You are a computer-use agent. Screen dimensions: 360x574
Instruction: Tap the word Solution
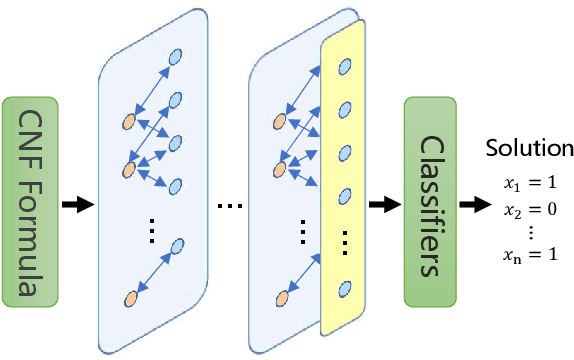(x=529, y=149)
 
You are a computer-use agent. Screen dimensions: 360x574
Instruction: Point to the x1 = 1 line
(x=529, y=184)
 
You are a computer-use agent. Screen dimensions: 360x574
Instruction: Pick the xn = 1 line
(x=529, y=256)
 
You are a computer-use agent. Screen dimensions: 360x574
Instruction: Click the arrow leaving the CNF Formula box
(x=76, y=205)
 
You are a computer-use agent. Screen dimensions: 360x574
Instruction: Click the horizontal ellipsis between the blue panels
(x=229, y=206)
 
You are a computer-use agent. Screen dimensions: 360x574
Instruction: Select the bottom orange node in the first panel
(x=129, y=298)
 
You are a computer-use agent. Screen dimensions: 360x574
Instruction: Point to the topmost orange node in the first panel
(x=128, y=122)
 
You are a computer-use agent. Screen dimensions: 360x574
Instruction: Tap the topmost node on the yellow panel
(x=346, y=66)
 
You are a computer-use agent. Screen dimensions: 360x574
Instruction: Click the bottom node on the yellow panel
(x=346, y=288)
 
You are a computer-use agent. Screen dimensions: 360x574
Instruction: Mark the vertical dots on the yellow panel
(x=346, y=242)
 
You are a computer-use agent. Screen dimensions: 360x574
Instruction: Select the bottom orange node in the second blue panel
(x=279, y=297)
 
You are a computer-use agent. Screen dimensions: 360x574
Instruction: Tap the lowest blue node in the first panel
(x=177, y=244)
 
